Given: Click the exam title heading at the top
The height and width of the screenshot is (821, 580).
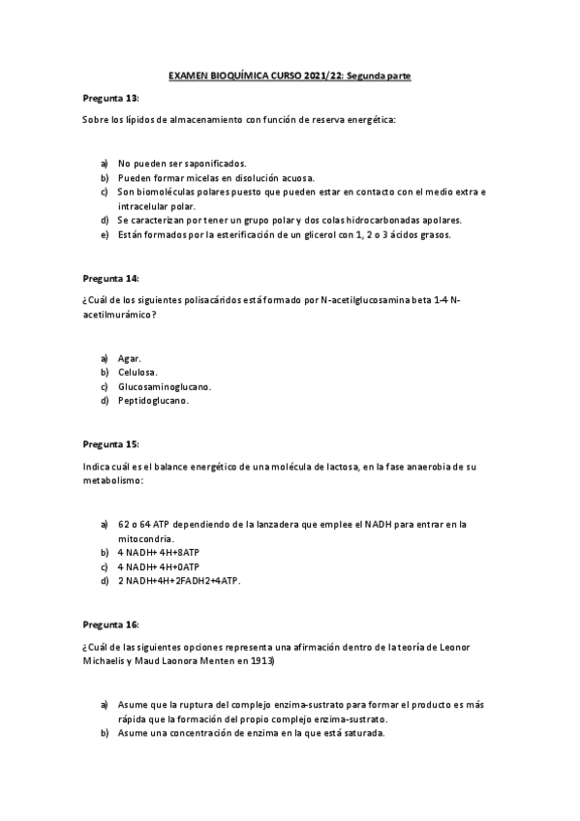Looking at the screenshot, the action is pos(290,75).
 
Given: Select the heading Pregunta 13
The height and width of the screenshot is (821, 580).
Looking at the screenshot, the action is pos(111,99).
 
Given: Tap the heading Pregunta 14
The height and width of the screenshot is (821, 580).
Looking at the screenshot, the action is pos(111,278).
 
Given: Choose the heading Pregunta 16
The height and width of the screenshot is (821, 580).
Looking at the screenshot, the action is pos(111,623).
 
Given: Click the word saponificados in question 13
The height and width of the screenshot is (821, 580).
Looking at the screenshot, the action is pos(213,163).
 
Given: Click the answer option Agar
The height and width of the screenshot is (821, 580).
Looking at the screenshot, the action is pos(130,358).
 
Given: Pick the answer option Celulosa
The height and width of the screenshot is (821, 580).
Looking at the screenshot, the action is pos(139,372).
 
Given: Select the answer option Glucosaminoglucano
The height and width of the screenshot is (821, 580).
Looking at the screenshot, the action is pos(165,386).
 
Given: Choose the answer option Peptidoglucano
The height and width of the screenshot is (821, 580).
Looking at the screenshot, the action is pos(154,400).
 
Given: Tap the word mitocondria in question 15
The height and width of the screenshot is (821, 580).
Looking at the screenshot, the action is pos(145,538).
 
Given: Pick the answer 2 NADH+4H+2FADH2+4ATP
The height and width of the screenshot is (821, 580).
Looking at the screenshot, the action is pos(179,580).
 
